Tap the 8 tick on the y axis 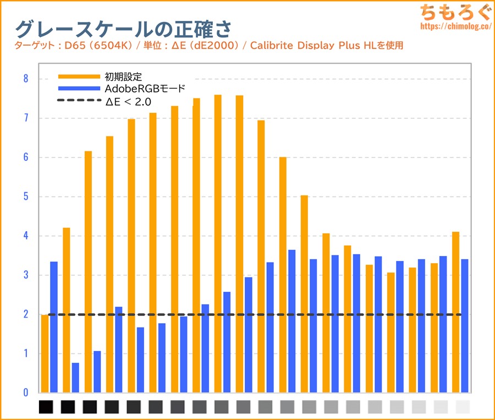25,79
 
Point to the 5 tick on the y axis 25,197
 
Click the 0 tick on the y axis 25,393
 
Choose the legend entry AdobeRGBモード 145,89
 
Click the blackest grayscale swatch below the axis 46,407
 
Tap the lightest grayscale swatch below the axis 463,407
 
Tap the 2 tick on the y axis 25,314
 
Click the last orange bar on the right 455,312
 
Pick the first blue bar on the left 54,327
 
